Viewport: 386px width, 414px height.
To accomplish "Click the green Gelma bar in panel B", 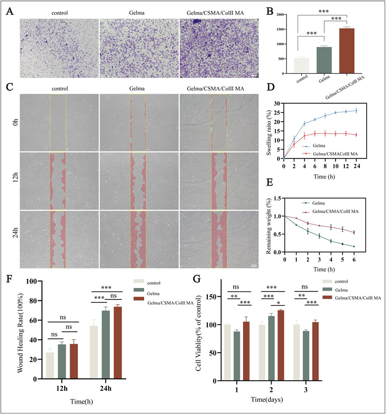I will tap(323, 61).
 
